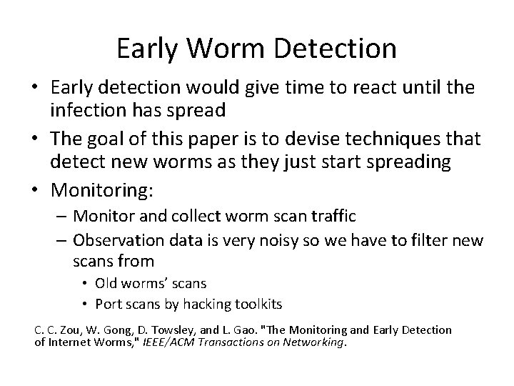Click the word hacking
click(203, 304)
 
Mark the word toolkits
click(257, 304)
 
